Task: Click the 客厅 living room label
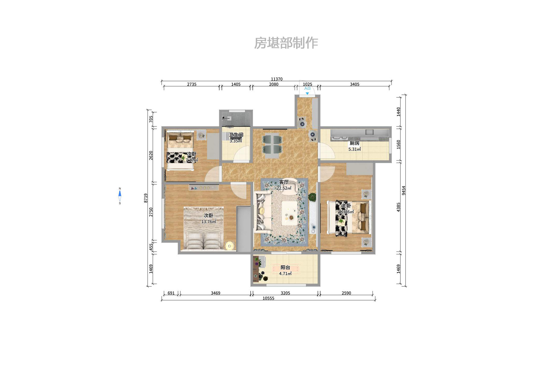[284, 182]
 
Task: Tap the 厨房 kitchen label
[354, 143]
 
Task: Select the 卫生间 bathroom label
[236, 135]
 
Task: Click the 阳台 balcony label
[285, 267]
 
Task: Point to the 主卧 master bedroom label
[346, 206]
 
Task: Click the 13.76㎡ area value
[209, 222]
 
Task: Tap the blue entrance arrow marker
[307, 93]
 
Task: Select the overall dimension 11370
[277, 79]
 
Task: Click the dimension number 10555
[268, 298]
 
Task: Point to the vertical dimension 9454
[403, 190]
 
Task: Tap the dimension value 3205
[285, 293]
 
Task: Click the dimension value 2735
[192, 84]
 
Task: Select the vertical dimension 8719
[146, 198]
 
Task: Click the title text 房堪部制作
[286, 43]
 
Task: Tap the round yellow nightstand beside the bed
[230, 246]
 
